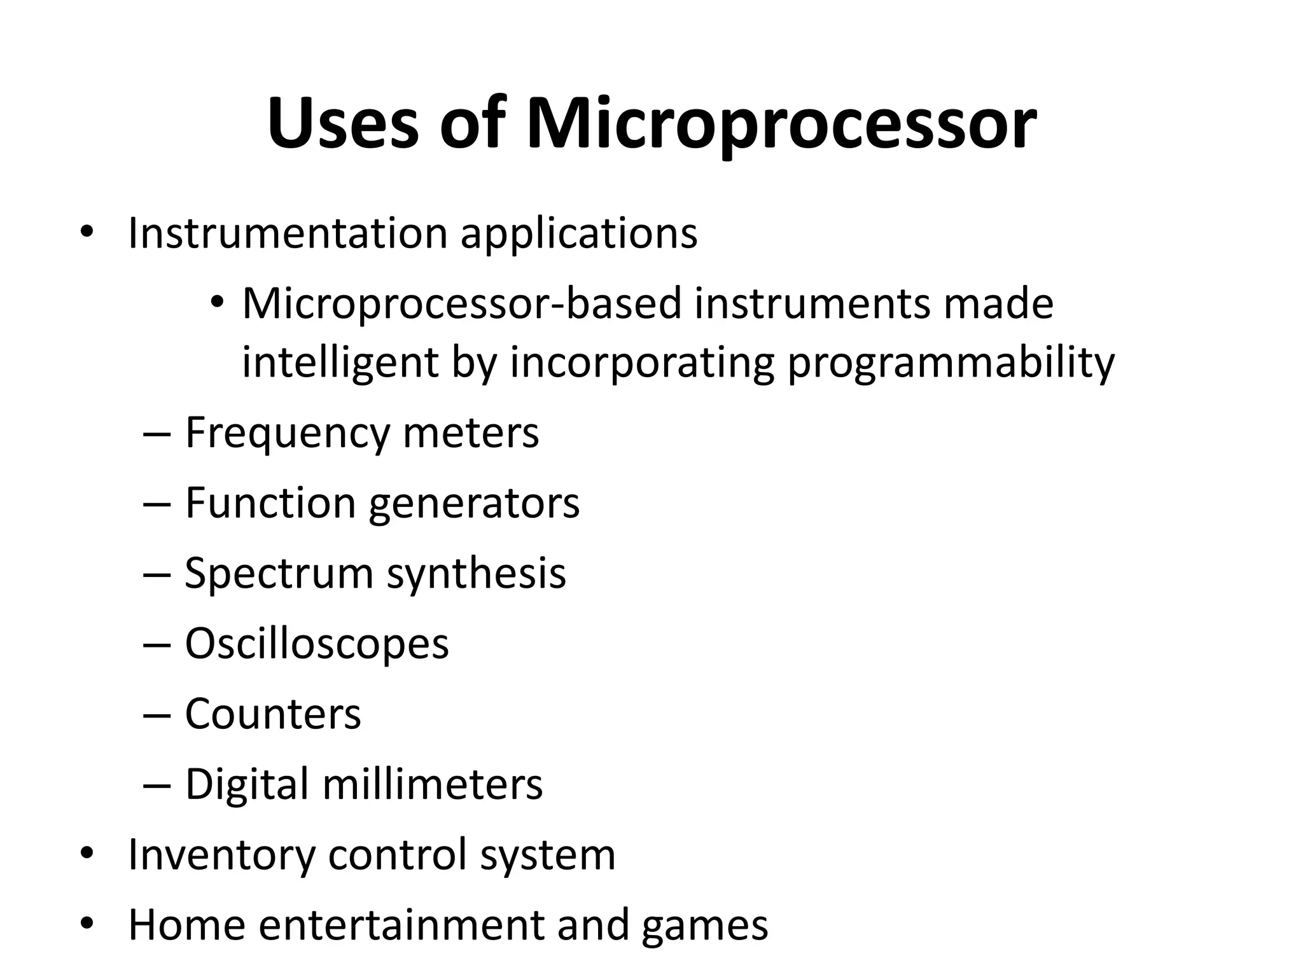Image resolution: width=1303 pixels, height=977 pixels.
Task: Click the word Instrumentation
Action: [x=288, y=233]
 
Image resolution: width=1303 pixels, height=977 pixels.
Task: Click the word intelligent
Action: [x=340, y=363]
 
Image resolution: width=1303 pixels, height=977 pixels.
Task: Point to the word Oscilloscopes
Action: [x=317, y=644]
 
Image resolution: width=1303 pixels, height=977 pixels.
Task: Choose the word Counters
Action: [x=273, y=714]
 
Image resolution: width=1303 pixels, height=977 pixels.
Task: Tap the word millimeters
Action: [x=433, y=784]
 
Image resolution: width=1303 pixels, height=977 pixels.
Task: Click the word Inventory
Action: [x=221, y=855]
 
